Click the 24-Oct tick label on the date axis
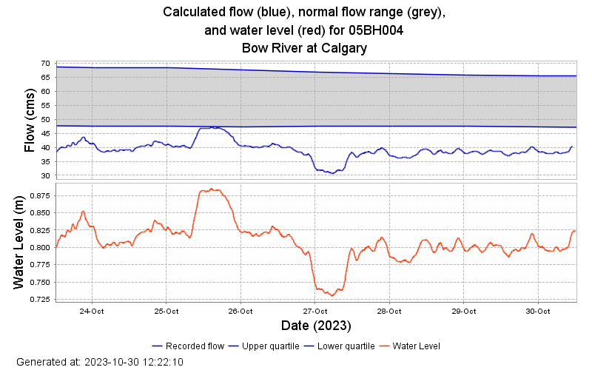tap(92, 311)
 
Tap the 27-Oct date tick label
tap(314, 311)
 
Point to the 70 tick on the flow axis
tap(45, 64)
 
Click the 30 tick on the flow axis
tap(45, 176)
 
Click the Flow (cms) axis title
tap(30, 120)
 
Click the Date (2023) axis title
tap(315, 326)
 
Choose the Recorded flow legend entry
tap(188, 346)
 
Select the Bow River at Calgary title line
tap(304, 48)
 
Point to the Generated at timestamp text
tap(99, 362)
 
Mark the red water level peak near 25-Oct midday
tap(211, 189)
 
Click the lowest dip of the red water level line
tap(332, 295)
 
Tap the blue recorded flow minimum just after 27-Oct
tap(332, 173)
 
